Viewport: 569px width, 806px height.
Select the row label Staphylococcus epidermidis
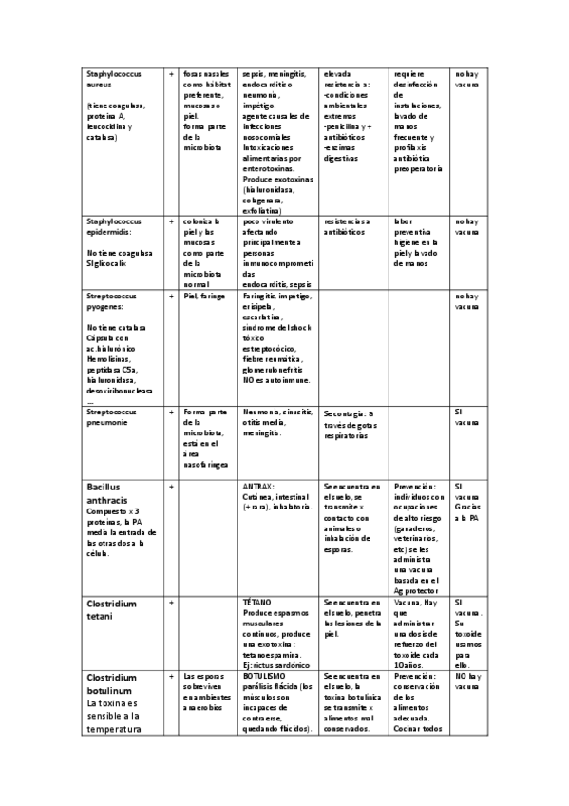click(113, 227)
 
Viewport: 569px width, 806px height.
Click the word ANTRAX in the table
click(258, 486)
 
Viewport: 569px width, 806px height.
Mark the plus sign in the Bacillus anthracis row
click(171, 486)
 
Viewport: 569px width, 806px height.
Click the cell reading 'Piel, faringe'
click(204, 297)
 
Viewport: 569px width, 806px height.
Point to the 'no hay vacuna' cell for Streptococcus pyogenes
click(466, 302)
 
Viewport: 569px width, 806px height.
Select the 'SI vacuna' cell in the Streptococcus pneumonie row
click(465, 417)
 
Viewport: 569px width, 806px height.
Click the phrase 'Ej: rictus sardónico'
click(276, 662)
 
